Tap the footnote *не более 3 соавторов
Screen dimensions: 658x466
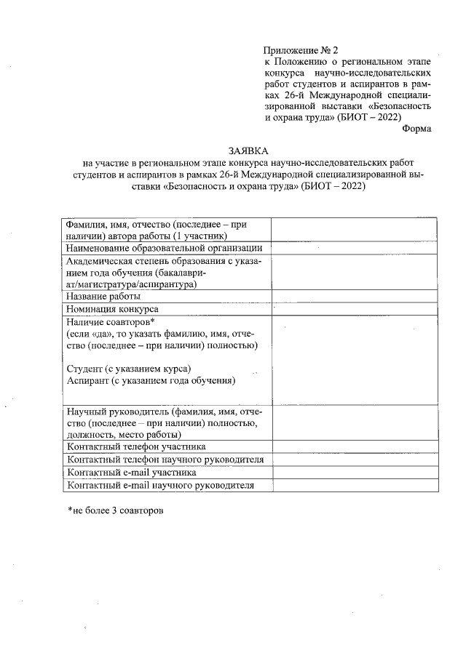(x=115, y=511)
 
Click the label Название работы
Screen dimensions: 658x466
(x=103, y=296)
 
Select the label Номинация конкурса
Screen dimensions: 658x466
(x=112, y=308)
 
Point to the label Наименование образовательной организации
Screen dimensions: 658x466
(x=164, y=249)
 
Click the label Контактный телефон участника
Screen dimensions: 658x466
(x=135, y=446)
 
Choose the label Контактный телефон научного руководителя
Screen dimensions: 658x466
(x=164, y=460)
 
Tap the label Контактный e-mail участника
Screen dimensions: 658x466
(x=131, y=473)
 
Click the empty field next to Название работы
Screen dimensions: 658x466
(x=355, y=296)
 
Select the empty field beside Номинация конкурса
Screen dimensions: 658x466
(x=355, y=308)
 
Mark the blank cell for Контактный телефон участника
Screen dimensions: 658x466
(x=355, y=446)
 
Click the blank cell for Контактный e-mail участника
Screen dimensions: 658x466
(x=355, y=473)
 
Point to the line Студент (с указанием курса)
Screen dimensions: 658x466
(x=129, y=368)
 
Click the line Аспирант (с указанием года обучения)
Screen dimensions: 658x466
(x=150, y=380)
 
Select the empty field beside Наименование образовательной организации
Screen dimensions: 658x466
(x=355, y=249)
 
